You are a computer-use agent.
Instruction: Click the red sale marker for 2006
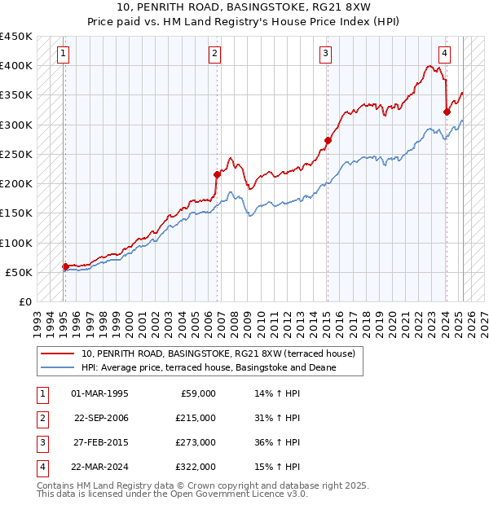tap(218, 173)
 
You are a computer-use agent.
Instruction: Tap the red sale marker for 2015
tap(328, 140)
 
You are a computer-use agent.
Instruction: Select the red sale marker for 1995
tap(65, 266)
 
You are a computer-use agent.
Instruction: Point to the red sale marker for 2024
tap(447, 112)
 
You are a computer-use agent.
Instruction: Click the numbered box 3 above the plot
tap(325, 55)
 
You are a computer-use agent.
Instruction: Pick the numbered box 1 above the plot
tap(64, 55)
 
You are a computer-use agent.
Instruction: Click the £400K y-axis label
tap(16, 65)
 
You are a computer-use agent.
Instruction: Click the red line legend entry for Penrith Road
tap(218, 354)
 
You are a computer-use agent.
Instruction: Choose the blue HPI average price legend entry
tap(209, 368)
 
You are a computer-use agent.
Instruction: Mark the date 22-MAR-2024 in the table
tap(100, 467)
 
